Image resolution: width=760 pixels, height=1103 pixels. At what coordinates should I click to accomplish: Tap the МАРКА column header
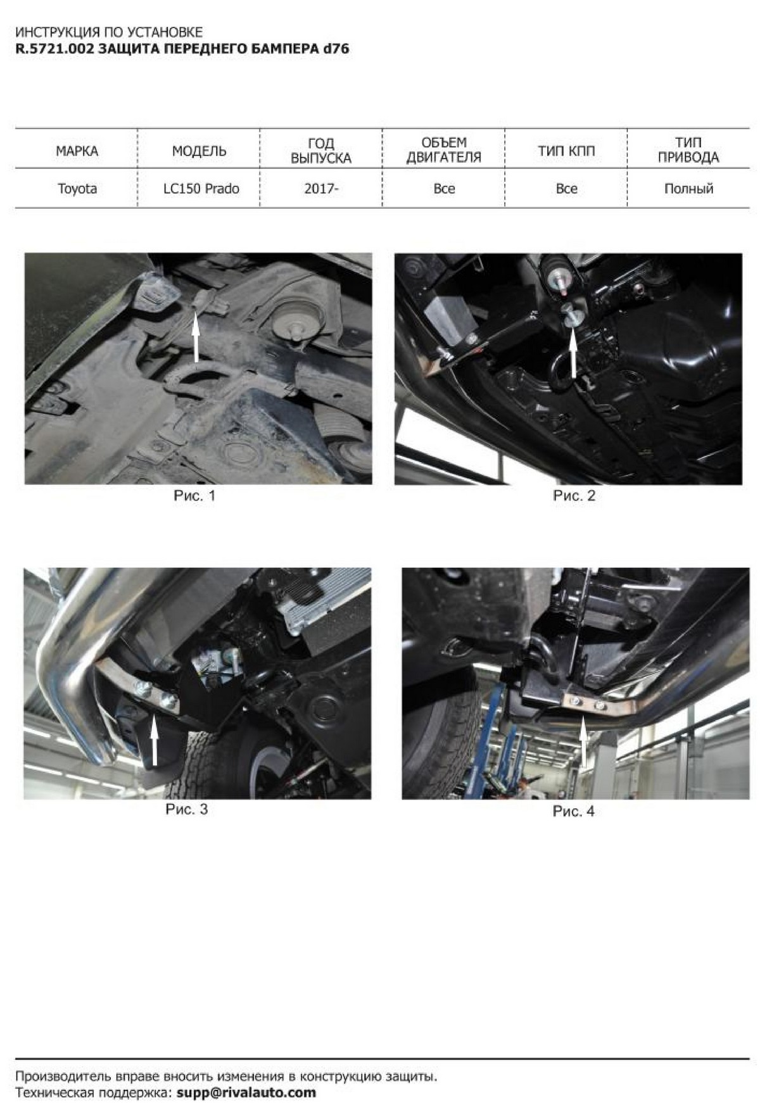tap(77, 151)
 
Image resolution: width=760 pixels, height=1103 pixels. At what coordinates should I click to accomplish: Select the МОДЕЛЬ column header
tap(199, 151)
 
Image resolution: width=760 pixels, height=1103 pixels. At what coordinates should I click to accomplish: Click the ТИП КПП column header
tap(566, 151)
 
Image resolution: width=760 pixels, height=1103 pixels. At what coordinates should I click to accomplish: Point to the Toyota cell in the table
tap(77, 189)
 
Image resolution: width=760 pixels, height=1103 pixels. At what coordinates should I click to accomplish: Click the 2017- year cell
tap(321, 189)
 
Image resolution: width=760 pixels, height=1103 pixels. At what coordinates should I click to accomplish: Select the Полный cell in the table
tap(688, 189)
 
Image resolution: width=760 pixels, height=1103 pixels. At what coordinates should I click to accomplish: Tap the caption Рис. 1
tap(194, 496)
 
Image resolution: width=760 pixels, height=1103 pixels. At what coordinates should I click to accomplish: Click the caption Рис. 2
tap(574, 496)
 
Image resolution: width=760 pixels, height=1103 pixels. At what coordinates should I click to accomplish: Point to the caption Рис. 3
tap(186, 809)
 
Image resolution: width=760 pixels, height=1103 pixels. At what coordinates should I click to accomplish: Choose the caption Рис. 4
tap(573, 811)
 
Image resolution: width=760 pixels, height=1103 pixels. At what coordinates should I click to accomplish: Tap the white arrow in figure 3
tap(154, 740)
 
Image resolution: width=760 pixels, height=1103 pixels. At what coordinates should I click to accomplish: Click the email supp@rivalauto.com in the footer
tap(246, 1092)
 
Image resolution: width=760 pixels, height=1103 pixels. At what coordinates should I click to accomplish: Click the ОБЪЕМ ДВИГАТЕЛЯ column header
tap(443, 150)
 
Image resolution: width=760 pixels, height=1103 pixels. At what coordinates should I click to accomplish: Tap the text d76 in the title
tap(336, 49)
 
